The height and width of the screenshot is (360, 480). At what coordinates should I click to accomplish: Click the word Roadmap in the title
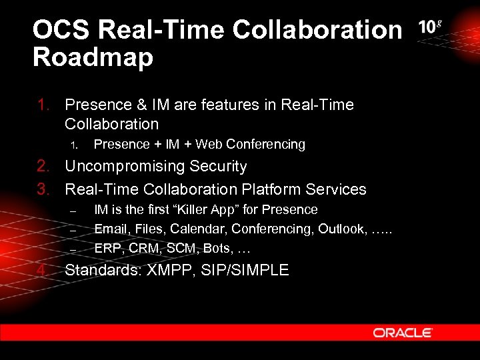tap(93, 57)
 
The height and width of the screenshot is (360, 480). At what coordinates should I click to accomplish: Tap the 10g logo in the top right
tap(430, 27)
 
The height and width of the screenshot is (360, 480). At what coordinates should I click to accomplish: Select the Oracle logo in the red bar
tap(403, 332)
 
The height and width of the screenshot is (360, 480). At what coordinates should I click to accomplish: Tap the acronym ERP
tap(107, 249)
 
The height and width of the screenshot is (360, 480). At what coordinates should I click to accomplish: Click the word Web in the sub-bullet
tap(209, 144)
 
